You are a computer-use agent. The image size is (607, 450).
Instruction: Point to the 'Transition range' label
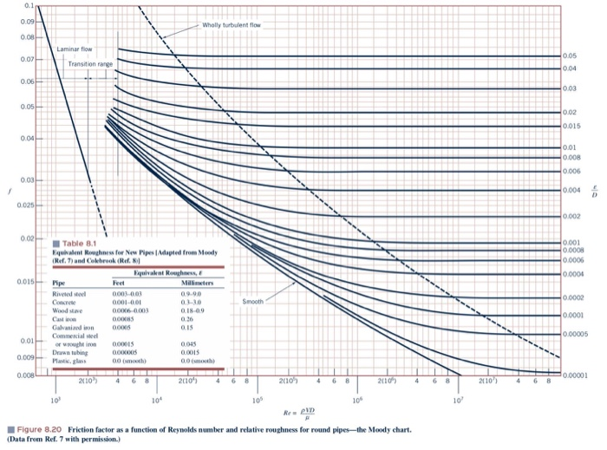pos(91,64)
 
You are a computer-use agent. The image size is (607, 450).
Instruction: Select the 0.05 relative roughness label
pos(567,54)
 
